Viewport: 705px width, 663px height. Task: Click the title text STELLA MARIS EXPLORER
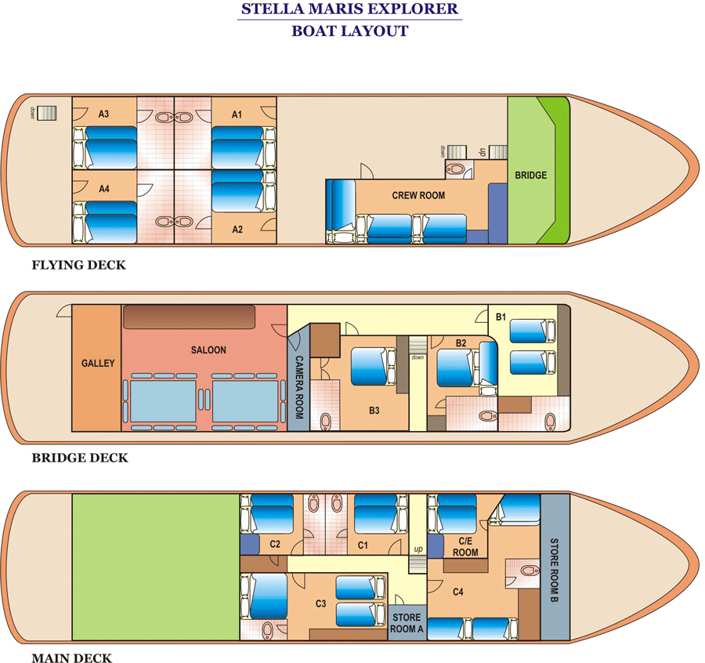(x=349, y=11)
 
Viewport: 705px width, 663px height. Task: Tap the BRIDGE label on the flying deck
(x=530, y=175)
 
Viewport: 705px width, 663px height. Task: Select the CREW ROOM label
(x=418, y=195)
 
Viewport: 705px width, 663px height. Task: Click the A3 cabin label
(x=103, y=114)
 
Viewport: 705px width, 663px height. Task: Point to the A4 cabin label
(x=103, y=189)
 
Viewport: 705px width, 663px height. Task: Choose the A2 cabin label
(x=238, y=230)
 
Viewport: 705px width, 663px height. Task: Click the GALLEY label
(x=98, y=363)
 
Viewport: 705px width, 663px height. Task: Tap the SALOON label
(x=208, y=350)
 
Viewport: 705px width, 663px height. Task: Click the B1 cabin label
(x=501, y=317)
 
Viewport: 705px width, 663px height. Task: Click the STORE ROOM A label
(x=407, y=623)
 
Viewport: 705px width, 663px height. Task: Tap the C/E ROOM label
(x=465, y=546)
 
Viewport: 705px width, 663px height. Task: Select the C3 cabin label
(x=320, y=603)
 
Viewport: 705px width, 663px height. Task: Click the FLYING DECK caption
(x=78, y=265)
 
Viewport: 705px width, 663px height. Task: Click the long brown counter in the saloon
(x=190, y=317)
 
